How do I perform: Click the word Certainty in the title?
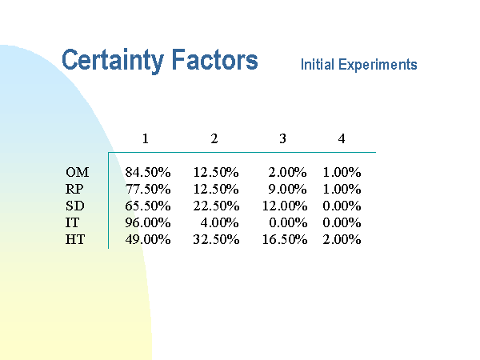pos(113,61)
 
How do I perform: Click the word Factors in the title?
pos(215,59)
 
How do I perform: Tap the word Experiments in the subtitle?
pos(378,65)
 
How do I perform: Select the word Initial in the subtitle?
pos(318,64)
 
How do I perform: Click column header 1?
pos(146,138)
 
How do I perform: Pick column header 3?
pos(282,138)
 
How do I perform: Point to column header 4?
pos(342,138)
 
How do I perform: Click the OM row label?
pos(77,172)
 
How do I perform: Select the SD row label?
pos(74,206)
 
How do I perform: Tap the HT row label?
pos(75,239)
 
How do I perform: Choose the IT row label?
pos(72,222)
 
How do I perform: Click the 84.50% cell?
pos(148,172)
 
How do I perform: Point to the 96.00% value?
pos(148,222)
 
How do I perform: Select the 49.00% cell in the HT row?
pos(148,239)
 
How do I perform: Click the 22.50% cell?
pos(216,206)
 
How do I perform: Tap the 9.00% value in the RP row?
pos(287,189)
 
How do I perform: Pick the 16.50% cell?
pos(285,239)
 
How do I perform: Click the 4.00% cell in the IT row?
pos(219,222)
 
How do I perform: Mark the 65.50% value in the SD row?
pos(148,206)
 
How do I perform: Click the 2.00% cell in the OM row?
pos(287,172)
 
